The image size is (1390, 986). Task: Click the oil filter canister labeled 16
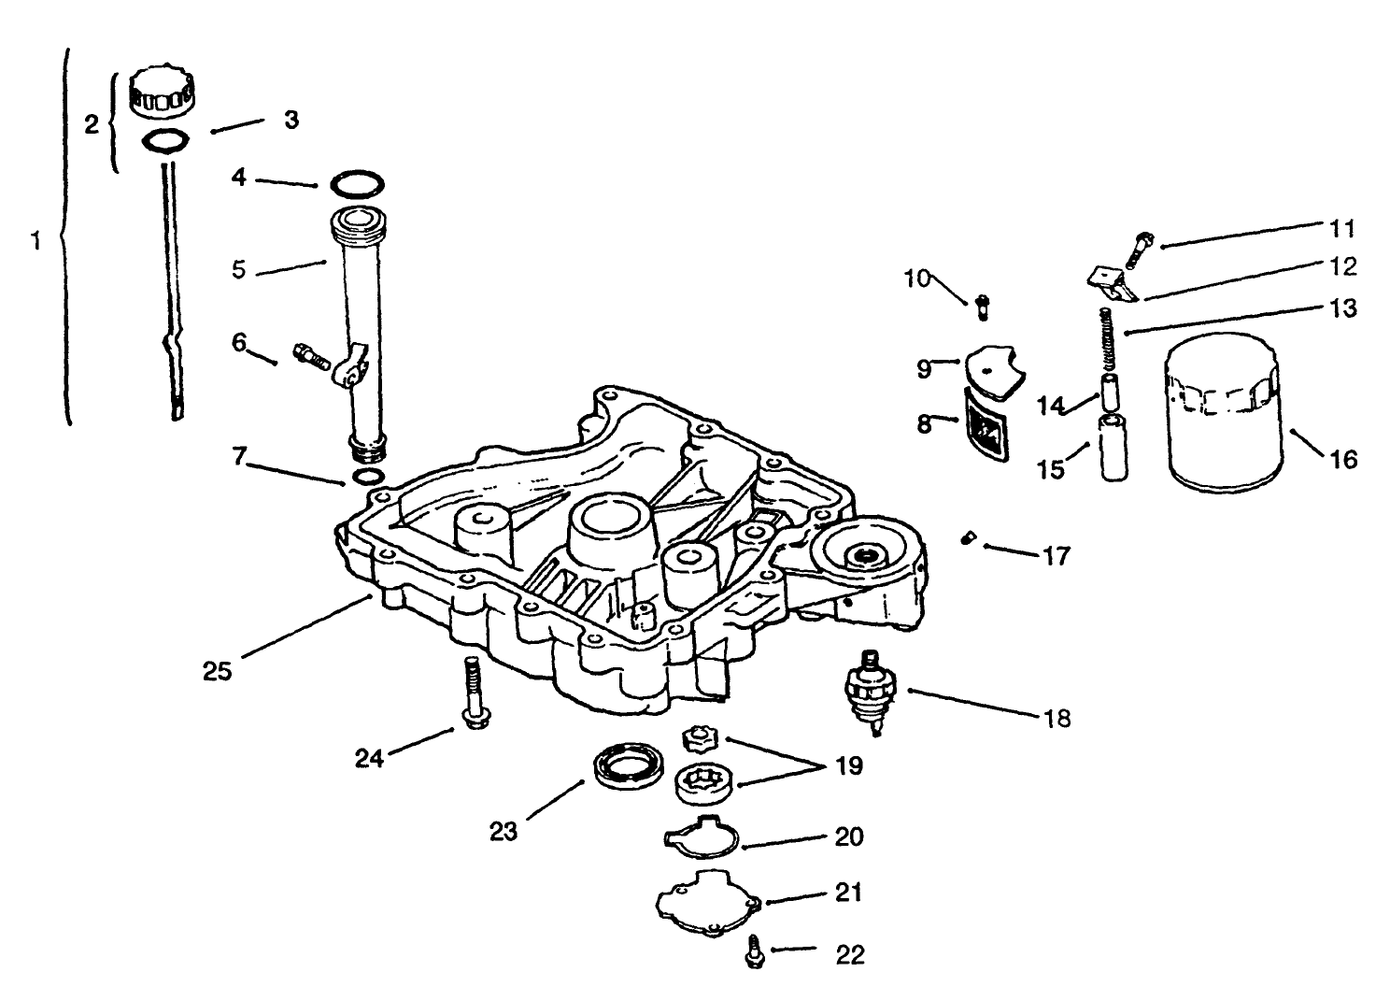click(x=1222, y=421)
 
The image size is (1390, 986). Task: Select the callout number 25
click(x=217, y=670)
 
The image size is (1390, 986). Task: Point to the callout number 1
click(x=35, y=241)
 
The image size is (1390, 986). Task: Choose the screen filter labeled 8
click(x=985, y=426)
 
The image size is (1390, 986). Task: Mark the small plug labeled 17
click(x=969, y=538)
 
